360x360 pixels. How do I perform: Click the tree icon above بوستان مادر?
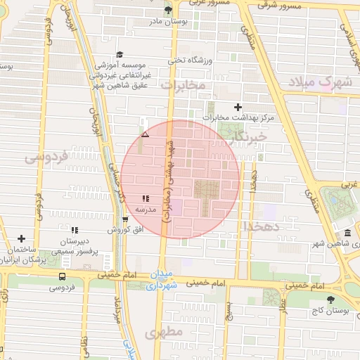point(167,9)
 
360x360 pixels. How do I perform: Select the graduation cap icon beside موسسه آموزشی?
point(120,54)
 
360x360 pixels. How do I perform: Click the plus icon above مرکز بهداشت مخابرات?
point(238,108)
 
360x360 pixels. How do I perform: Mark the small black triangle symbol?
point(145,134)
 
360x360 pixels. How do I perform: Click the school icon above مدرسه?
point(145,199)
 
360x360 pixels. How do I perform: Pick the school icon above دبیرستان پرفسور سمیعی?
point(74,229)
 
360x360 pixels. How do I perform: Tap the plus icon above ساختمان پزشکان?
point(21,239)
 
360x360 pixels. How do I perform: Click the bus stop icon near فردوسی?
point(63,276)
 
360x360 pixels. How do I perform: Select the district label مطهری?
point(167,330)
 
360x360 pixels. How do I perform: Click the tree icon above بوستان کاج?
point(330,300)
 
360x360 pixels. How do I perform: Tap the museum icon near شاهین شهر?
point(347,234)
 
